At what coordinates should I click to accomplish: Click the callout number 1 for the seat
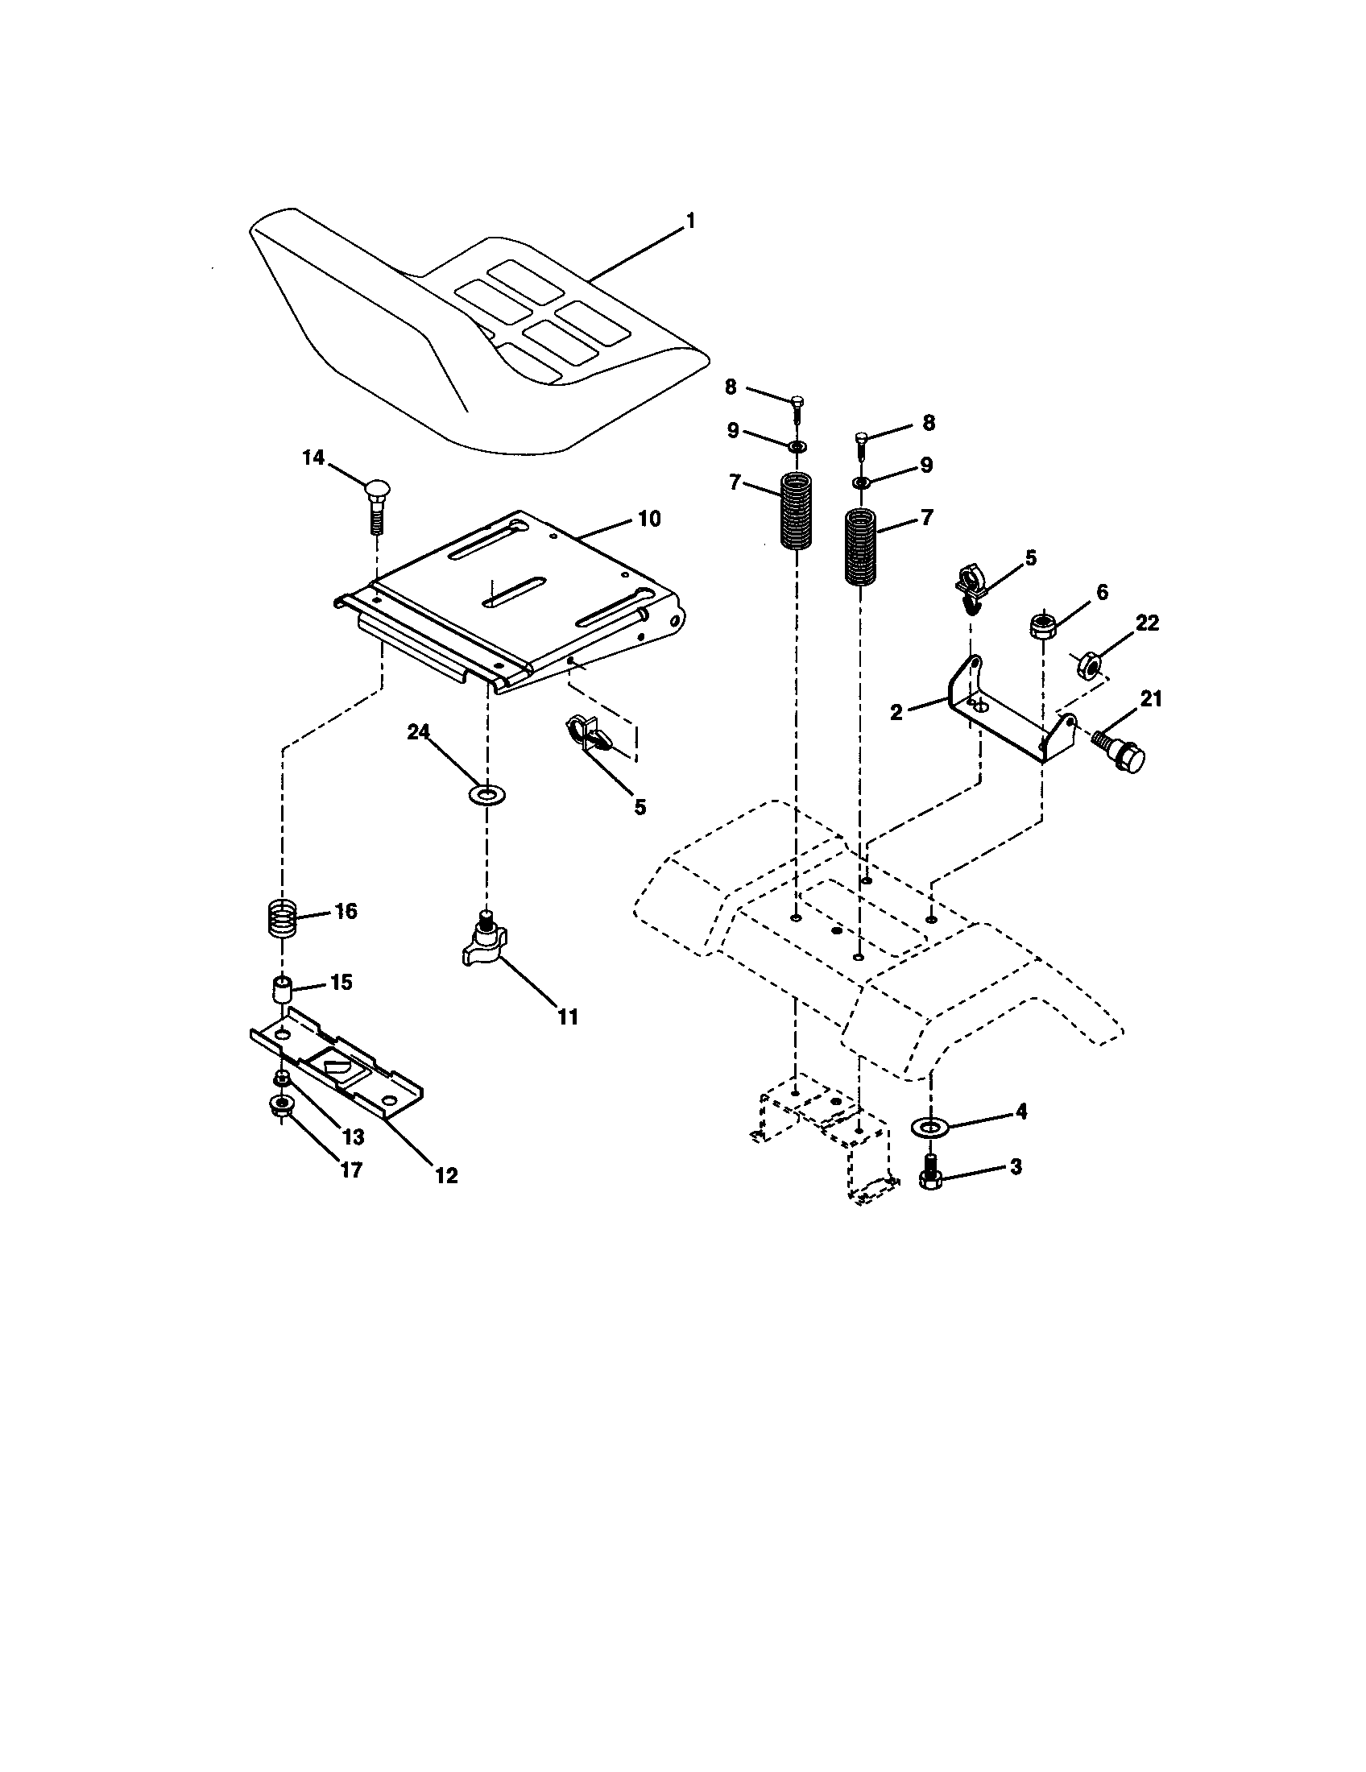pos(690,220)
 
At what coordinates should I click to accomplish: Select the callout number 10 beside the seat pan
pos(649,519)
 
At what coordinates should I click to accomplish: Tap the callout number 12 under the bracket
pos(446,1175)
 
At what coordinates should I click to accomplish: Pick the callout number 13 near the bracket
pos(353,1136)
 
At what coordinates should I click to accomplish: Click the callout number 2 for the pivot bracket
pos(896,713)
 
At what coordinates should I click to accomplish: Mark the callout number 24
pos(418,732)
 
